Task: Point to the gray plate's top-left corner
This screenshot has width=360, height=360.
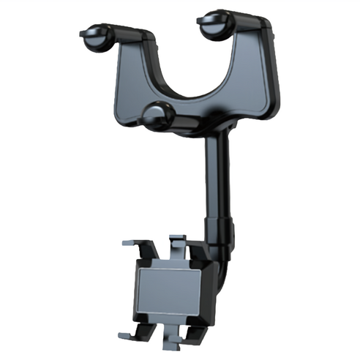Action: (x=140, y=266)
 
